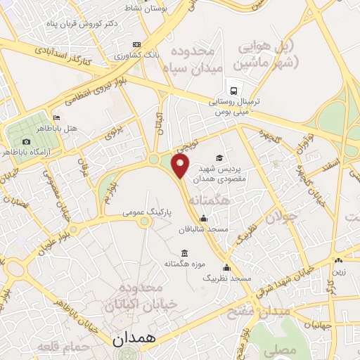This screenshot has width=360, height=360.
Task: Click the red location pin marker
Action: [181, 167]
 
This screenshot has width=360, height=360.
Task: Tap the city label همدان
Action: [135, 338]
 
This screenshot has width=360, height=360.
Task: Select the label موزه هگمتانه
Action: [184, 264]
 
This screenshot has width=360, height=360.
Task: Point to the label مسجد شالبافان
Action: [205, 229]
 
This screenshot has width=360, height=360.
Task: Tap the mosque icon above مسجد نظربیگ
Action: [226, 267]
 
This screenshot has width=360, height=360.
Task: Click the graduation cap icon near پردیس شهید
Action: [219, 157]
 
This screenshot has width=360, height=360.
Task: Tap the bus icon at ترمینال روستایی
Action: [237, 90]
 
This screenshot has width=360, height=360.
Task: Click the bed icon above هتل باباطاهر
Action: [56, 117]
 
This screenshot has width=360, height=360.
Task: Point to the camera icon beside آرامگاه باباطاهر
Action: [27, 141]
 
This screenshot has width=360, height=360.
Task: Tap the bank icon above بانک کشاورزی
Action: [136, 44]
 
